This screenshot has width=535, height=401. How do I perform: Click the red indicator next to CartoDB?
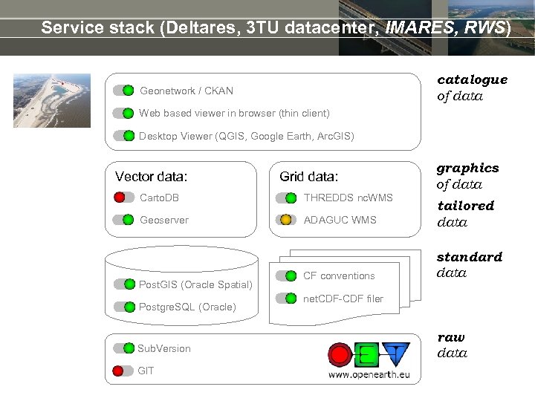[x=120, y=198]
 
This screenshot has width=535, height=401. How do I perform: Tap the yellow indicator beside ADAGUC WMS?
[x=286, y=220]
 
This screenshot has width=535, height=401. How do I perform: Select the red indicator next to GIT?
[x=119, y=371]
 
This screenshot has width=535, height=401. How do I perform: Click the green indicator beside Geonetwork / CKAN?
[x=128, y=91]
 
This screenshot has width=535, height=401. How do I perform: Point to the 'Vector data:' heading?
[x=152, y=177]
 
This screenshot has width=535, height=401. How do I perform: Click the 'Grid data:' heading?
[x=308, y=177]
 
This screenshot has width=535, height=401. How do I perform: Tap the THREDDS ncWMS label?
[x=348, y=198]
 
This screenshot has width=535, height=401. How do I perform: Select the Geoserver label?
[x=164, y=220]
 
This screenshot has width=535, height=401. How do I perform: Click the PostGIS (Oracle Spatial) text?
[x=195, y=284]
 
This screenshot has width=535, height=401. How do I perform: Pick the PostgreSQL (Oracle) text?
[x=187, y=307]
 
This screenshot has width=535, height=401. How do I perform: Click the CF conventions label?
[x=339, y=276]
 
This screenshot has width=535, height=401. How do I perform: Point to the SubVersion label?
[x=163, y=348]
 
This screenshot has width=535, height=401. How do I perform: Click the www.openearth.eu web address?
[x=369, y=374]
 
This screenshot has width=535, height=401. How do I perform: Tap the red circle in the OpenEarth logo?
[x=340, y=353]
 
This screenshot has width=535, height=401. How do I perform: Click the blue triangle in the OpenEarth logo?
[x=395, y=353]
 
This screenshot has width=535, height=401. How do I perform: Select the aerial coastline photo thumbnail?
[x=52, y=101]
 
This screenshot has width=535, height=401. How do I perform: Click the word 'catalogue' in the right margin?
[x=472, y=79]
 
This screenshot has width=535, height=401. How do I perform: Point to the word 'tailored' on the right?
[x=465, y=206]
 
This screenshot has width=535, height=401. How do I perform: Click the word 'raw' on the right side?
[x=450, y=337]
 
